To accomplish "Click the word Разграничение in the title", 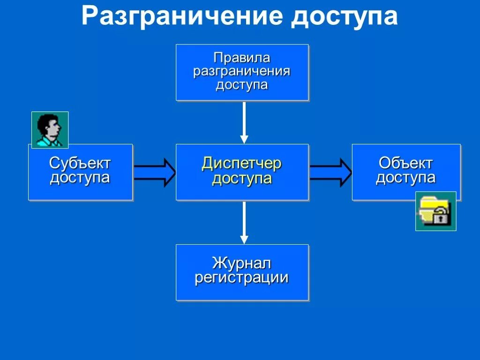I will (181, 17).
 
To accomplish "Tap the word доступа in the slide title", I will (345, 17).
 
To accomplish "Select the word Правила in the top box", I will (242, 58).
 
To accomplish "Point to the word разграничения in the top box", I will (242, 72).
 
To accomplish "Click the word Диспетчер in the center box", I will (242, 164).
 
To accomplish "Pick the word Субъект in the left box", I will (80, 164).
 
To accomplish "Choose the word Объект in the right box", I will (406, 164).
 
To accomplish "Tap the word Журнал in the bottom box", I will (242, 263).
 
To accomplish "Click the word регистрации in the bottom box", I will (242, 277).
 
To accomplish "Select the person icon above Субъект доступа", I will (50, 130).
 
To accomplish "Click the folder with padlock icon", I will (435, 211).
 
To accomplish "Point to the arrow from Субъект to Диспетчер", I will (154, 172).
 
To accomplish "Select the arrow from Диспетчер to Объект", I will (330, 172).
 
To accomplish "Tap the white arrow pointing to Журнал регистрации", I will (244, 222).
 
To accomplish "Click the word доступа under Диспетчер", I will (242, 179).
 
